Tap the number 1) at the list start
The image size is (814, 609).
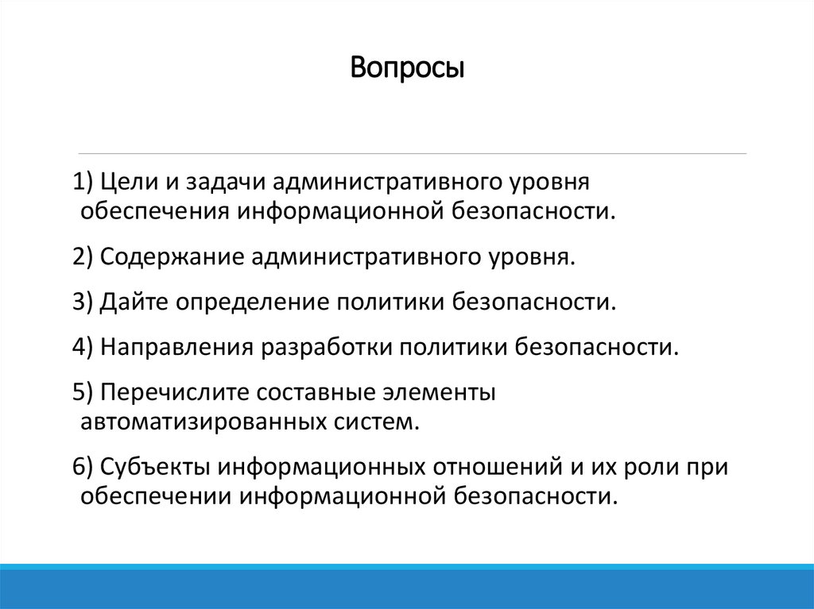(83, 183)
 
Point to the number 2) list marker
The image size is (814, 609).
(83, 257)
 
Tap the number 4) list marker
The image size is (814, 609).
(83, 348)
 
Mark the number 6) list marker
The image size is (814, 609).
(83, 467)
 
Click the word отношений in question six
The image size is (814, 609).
(496, 467)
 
